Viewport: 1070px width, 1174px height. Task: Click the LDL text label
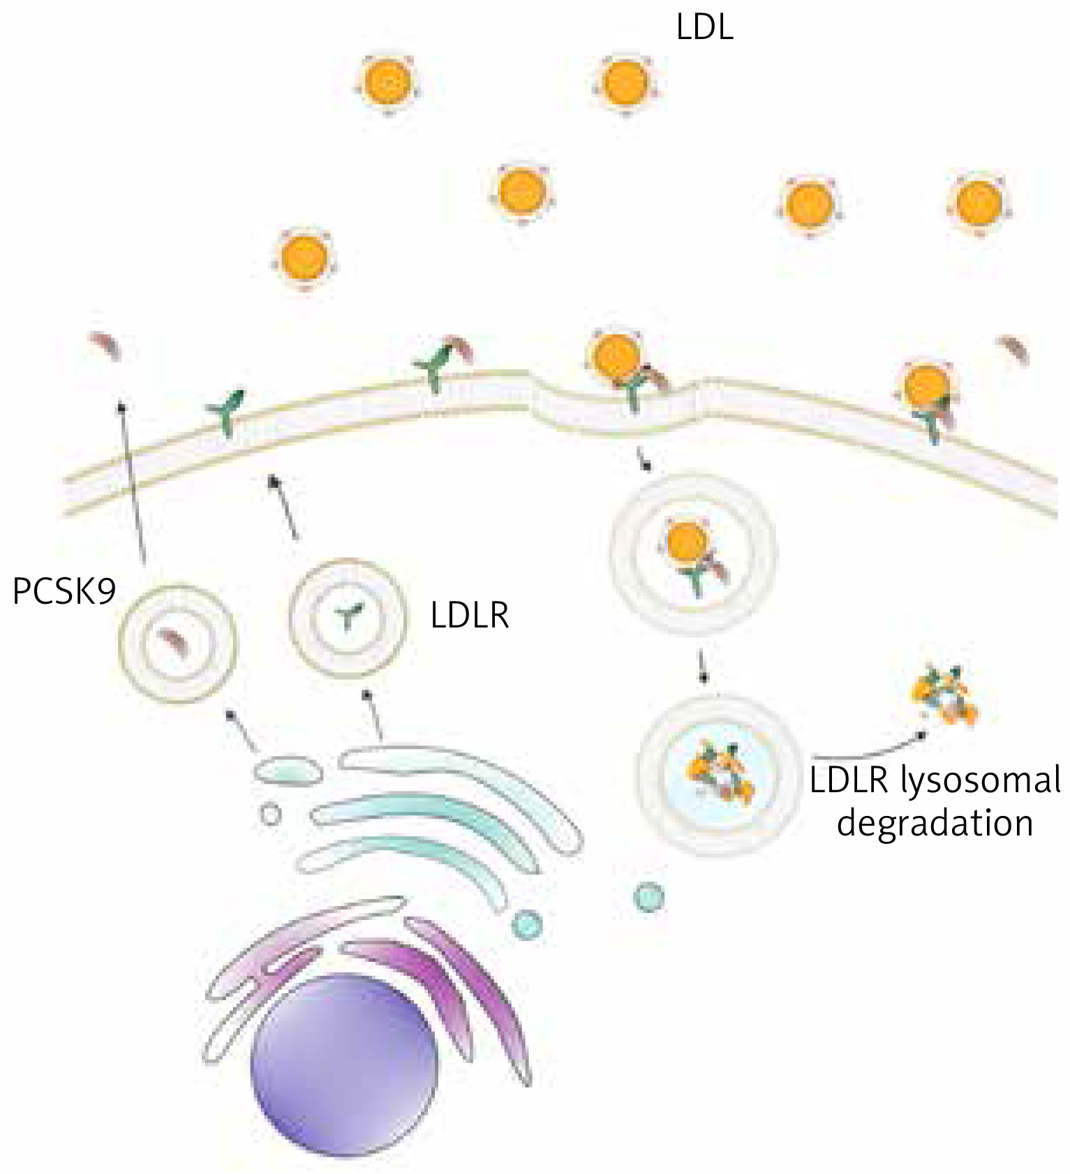tap(704, 28)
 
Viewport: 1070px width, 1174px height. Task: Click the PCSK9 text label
tap(64, 593)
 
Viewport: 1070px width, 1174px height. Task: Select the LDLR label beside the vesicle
tap(470, 616)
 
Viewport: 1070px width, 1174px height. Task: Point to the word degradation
tap(935, 824)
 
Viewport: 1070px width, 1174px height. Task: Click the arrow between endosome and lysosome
tap(703, 666)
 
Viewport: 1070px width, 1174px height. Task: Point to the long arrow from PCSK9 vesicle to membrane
tap(132, 482)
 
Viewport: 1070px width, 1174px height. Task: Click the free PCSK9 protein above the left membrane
tap(105, 345)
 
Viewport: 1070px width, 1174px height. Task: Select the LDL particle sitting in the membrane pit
tap(616, 356)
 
